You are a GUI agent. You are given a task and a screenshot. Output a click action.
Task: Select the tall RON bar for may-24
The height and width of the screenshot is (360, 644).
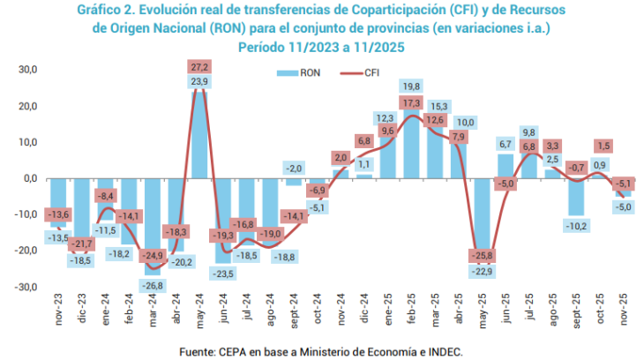pos(199,132)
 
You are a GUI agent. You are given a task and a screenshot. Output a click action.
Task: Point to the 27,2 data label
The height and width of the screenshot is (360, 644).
pos(199,67)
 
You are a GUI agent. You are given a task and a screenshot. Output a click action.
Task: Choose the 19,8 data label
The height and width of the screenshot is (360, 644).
pos(411,86)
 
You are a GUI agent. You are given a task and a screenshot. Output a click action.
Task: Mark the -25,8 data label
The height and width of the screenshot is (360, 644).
pos(482,256)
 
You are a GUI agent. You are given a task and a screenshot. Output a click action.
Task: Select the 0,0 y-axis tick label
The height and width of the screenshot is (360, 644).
pos(29,178)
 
